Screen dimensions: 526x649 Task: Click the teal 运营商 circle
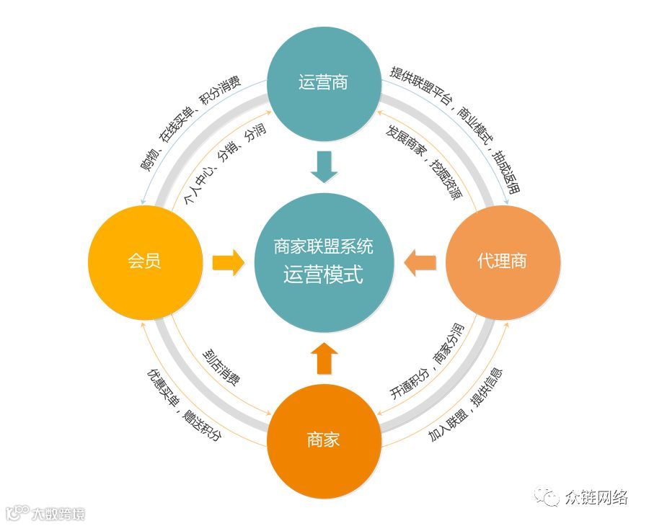click(323, 82)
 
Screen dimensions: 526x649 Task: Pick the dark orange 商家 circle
click(323, 439)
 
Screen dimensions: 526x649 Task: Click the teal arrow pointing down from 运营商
click(323, 167)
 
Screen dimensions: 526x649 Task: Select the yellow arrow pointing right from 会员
click(229, 261)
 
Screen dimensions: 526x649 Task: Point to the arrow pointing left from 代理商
click(420, 261)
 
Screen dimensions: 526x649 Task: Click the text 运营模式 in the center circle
click(323, 275)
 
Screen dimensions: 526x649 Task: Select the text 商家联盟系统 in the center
click(323, 247)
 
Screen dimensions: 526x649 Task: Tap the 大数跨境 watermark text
click(58, 514)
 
